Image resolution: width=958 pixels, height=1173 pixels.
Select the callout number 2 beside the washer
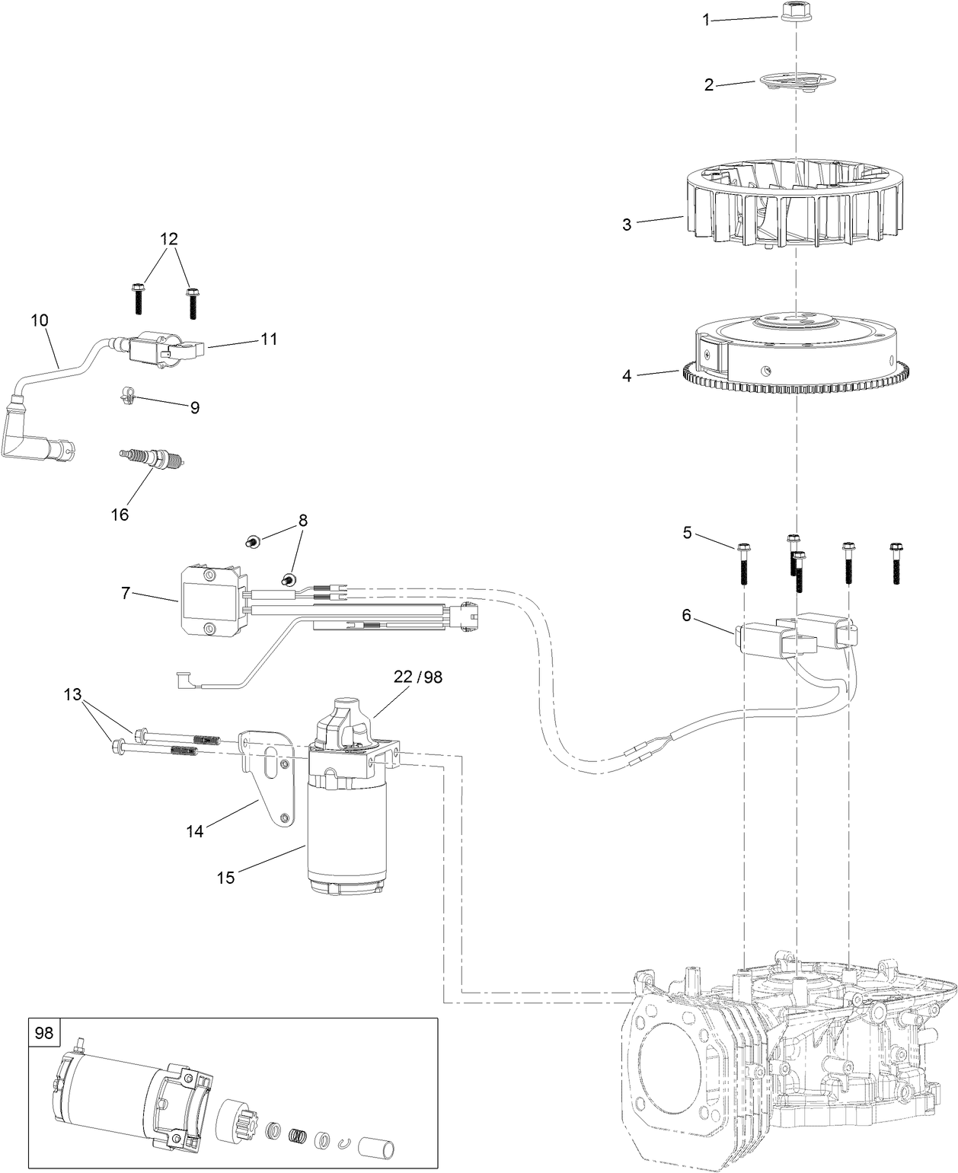pos(708,85)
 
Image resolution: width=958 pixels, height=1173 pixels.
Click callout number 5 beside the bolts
pos(687,533)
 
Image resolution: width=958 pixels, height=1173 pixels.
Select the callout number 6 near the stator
pos(686,615)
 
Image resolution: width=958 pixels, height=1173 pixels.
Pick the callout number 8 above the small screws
pos(302,521)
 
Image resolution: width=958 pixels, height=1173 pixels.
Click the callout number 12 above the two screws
pos(169,238)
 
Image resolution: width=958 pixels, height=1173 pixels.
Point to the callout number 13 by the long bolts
pos(72,694)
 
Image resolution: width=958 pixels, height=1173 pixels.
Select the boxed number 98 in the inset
pos(44,1033)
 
